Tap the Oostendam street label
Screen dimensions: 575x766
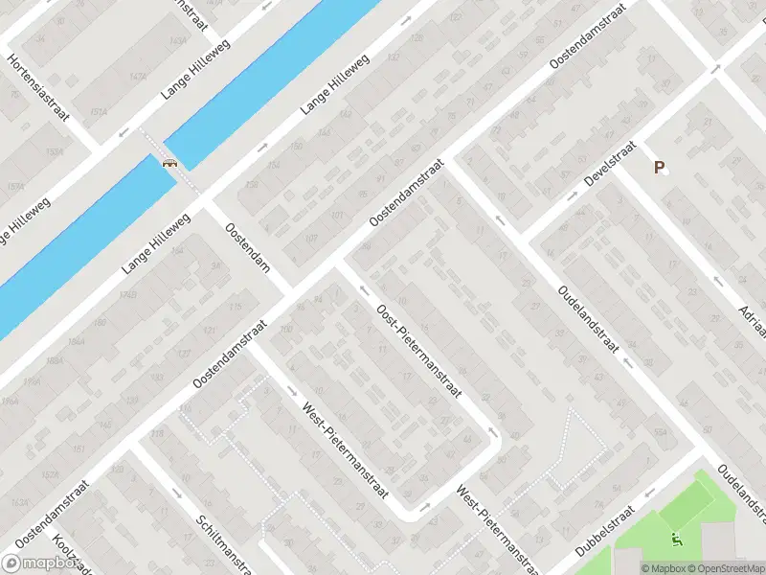click(246, 247)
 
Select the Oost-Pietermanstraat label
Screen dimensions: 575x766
click(420, 352)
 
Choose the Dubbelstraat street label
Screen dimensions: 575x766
click(605, 531)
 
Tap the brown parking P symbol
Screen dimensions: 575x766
click(659, 167)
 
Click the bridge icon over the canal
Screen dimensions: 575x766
click(170, 162)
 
